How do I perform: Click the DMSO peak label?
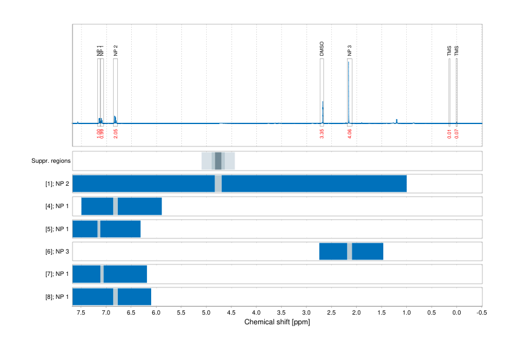coord(322,49)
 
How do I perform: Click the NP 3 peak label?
coord(349,51)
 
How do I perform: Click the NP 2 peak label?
coord(115,51)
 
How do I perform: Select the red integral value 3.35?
coord(322,134)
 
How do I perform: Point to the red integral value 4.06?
coord(350,134)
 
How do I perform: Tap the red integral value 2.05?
coord(115,134)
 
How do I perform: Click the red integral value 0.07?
coord(457,133)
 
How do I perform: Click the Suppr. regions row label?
coord(51,161)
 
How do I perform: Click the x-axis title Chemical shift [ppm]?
coord(277,322)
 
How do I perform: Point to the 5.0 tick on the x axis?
coord(206,312)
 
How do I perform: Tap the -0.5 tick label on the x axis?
coord(481,312)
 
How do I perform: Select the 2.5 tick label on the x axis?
coord(331,312)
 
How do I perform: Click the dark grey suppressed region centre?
coord(218,160)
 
